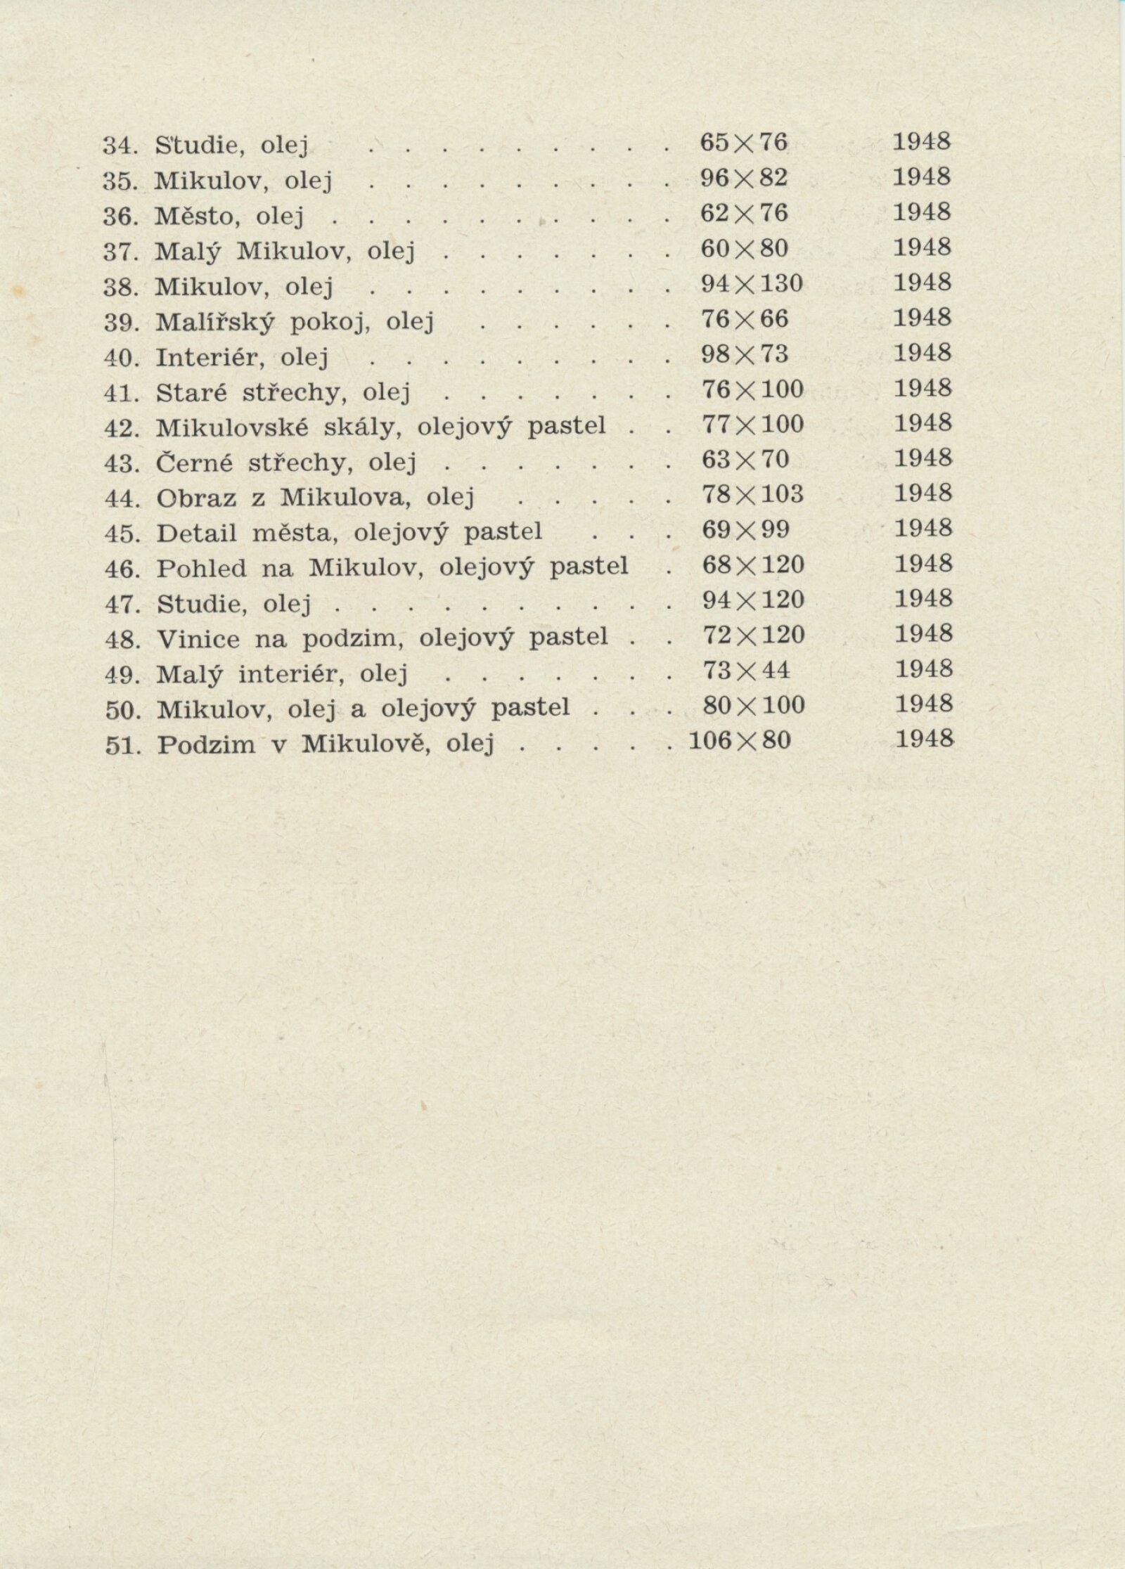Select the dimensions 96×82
point(744,179)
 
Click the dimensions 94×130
point(752,284)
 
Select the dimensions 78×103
point(752,495)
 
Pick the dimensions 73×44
point(746,671)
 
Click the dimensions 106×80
point(740,741)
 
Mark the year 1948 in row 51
point(925,738)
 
